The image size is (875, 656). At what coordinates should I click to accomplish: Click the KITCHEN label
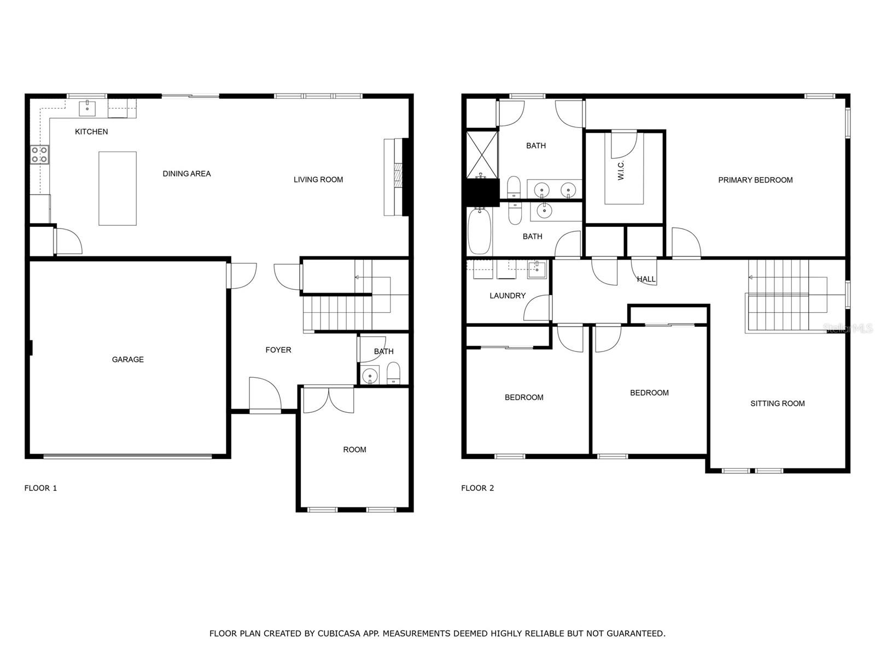(91, 131)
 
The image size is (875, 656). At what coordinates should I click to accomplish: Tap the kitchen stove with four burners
(40, 155)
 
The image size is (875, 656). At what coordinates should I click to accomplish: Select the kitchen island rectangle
(118, 189)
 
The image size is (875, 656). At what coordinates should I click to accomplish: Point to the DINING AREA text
(186, 174)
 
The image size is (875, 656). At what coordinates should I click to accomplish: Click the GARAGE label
(127, 359)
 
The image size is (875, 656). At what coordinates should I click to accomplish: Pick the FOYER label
(278, 350)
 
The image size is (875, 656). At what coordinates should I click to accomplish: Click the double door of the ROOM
(329, 400)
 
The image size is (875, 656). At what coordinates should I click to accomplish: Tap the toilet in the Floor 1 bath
(393, 373)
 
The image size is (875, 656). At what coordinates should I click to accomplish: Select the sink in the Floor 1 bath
(370, 375)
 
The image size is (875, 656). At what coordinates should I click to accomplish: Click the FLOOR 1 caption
(40, 488)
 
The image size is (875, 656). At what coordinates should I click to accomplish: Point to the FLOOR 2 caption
(477, 488)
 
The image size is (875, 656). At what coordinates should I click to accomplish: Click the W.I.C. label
(621, 171)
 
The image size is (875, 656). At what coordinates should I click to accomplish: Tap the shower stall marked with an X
(482, 155)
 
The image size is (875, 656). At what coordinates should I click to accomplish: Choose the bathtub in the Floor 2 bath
(480, 231)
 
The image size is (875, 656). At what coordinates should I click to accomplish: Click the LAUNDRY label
(507, 296)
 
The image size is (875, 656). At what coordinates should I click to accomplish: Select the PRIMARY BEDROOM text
(755, 180)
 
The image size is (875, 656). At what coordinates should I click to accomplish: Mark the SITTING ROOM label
(777, 403)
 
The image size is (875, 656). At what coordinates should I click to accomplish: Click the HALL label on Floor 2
(646, 279)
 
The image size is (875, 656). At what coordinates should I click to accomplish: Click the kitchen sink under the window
(87, 108)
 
